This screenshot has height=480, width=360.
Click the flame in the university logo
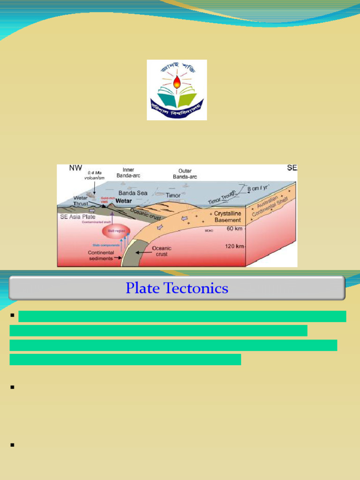pos(177,82)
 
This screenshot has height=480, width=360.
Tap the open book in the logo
pos(177,100)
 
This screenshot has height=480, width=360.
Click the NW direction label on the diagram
pos(75,168)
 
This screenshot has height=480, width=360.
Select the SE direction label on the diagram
pos(292,168)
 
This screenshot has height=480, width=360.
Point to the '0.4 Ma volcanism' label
pos(94,175)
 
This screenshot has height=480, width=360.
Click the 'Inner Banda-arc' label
pos(128,172)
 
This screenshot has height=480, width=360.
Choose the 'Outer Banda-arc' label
pos(185,174)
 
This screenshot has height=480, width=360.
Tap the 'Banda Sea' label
pos(133,193)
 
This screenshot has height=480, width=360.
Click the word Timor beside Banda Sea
pos(173,195)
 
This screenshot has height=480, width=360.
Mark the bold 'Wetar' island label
pos(124,201)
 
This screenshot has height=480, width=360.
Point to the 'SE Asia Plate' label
pos(77,217)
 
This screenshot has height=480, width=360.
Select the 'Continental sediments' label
pos(101,255)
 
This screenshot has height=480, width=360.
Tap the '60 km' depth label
pos(234,228)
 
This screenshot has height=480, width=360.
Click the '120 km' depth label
pos(234,246)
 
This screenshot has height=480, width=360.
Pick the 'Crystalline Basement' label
pos(227,217)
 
